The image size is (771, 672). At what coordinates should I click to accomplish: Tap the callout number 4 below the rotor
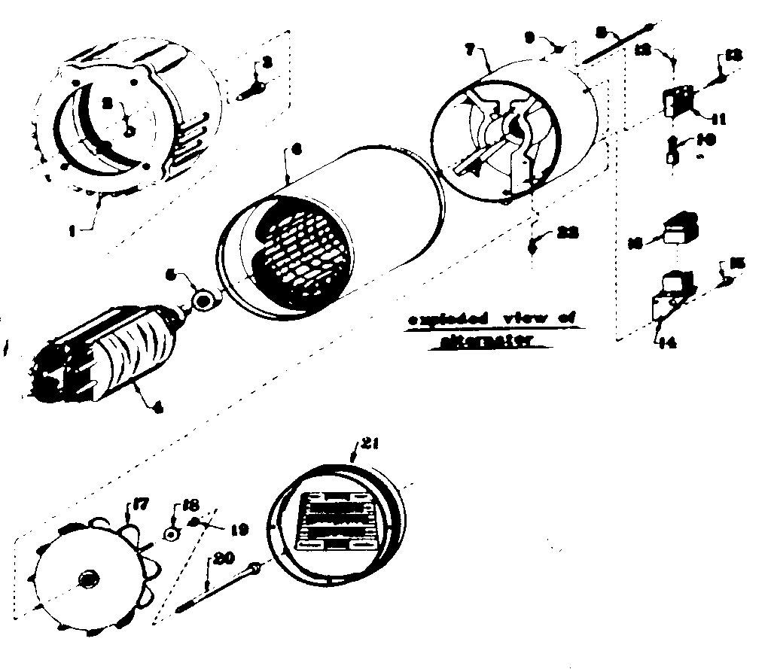tap(157, 409)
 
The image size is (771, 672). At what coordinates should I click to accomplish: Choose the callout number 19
tap(239, 531)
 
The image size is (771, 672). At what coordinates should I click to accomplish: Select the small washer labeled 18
tap(172, 534)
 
